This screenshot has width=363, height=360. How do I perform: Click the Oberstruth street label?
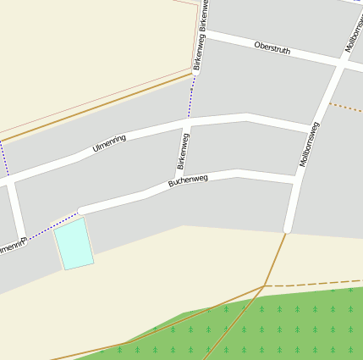click(272, 47)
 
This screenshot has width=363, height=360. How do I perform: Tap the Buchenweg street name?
click(188, 180)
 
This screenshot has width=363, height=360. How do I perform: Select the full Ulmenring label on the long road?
click(109, 144)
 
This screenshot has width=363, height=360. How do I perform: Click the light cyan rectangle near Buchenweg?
click(74, 244)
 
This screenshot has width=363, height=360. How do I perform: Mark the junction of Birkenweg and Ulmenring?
click(187, 124)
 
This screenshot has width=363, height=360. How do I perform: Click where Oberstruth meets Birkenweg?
click(206, 34)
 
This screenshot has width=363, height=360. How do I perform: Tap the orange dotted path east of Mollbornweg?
click(345, 108)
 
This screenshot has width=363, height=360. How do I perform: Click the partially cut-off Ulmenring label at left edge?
click(12, 247)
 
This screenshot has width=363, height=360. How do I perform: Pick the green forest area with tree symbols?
click(279, 326)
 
